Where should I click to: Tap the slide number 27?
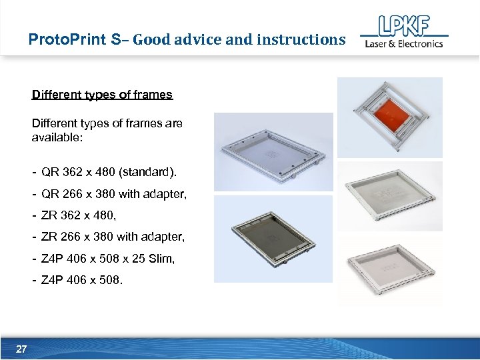click(21, 349)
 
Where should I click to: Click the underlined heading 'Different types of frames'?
click(102, 95)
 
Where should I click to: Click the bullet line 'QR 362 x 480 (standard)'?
click(109, 173)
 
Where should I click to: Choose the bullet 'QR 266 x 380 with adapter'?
click(114, 195)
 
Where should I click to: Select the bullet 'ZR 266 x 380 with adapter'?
click(113, 237)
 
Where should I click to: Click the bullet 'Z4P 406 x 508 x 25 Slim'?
click(108, 259)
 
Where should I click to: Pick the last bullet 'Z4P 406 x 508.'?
click(82, 280)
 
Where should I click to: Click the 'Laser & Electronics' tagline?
click(403, 44)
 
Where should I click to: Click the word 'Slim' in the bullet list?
click(163, 259)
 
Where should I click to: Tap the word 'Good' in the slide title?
click(152, 39)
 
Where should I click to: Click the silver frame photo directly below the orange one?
click(389, 195)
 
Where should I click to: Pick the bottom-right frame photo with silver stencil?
click(389, 269)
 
